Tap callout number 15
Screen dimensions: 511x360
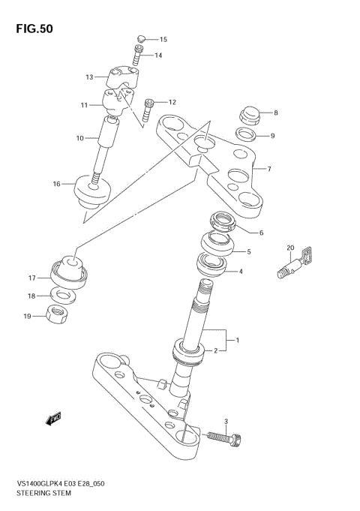tap(163, 39)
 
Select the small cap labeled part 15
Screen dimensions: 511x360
tap(139, 38)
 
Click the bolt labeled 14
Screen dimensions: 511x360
tap(138, 55)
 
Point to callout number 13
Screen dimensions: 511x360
tap(89, 77)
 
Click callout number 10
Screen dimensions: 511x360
tap(79, 138)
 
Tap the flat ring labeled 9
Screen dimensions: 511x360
tap(246, 136)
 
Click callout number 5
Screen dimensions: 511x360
tap(248, 252)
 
